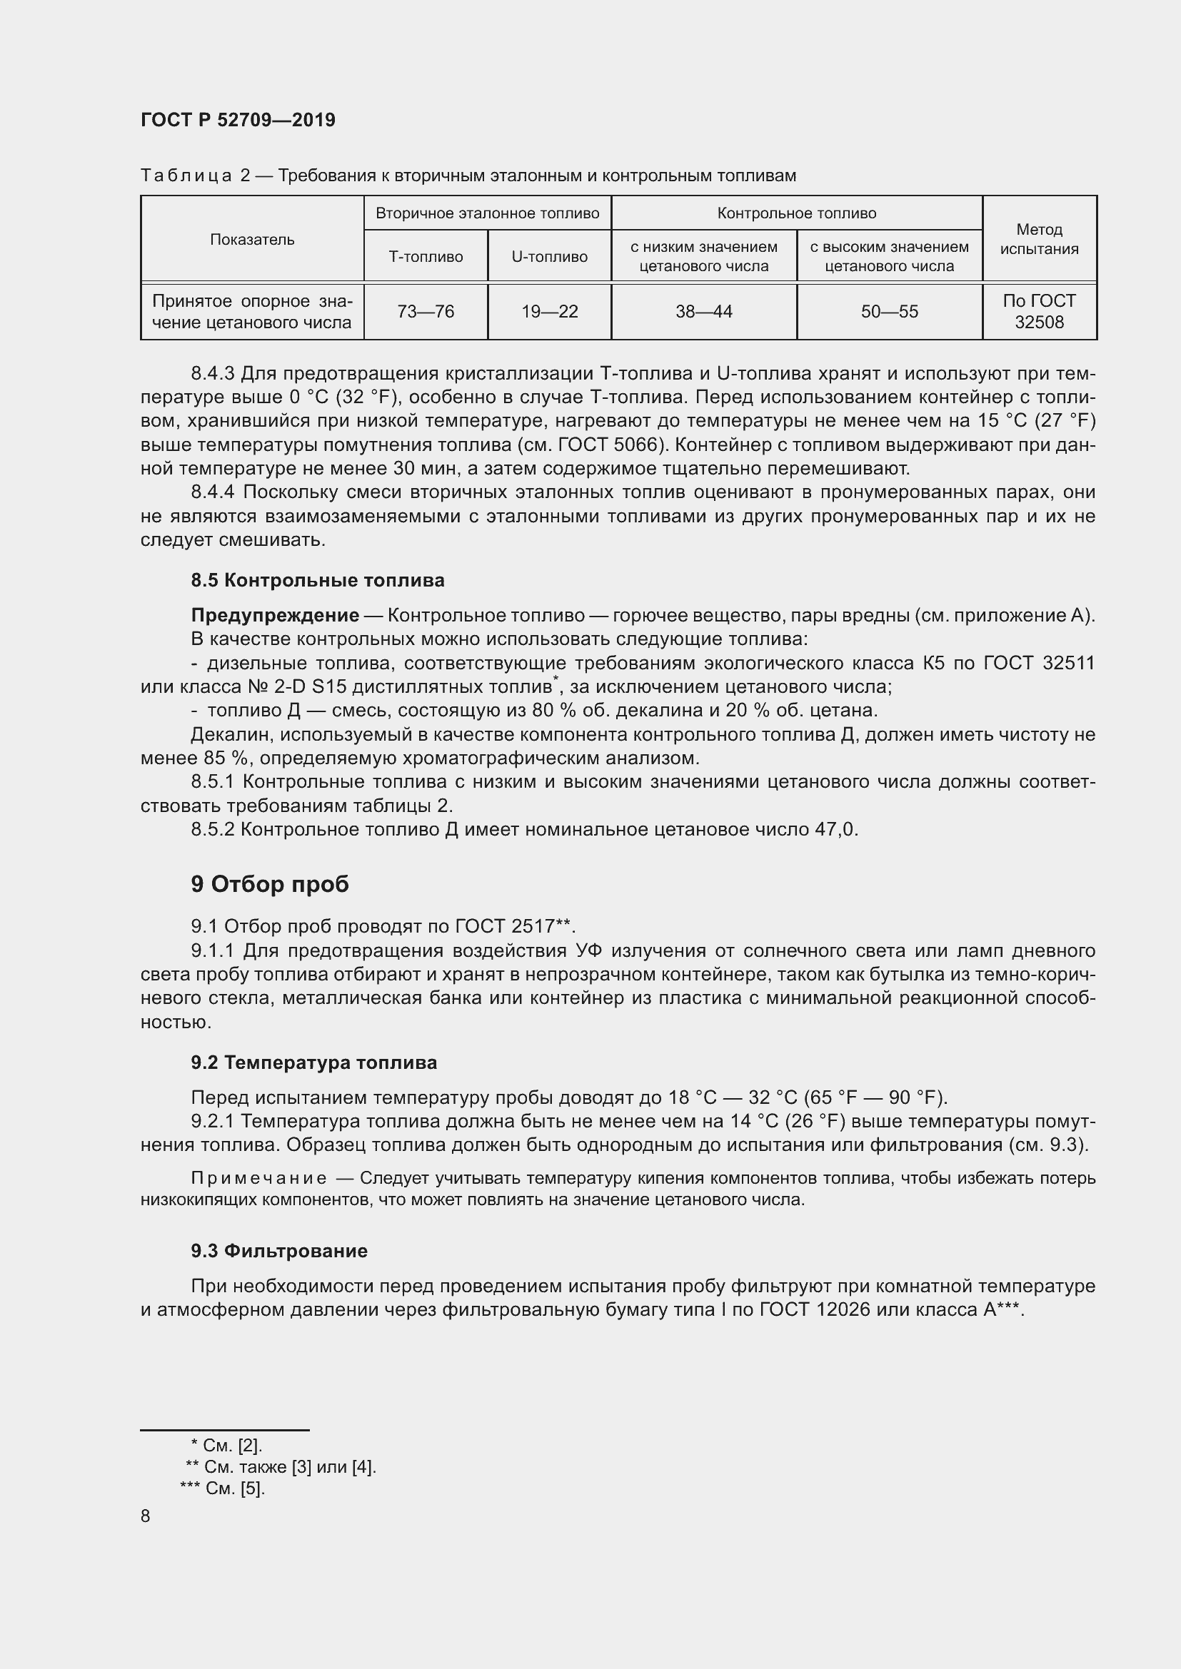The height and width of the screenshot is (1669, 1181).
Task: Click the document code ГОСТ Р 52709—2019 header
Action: pos(238,120)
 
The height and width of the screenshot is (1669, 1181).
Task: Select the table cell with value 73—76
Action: pos(426,312)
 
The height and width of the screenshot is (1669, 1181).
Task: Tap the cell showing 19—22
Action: pos(549,312)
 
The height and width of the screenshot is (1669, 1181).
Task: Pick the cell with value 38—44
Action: pos(703,312)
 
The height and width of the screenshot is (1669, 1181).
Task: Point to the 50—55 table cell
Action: pos(889,312)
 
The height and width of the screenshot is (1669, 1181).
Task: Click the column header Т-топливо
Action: pos(426,257)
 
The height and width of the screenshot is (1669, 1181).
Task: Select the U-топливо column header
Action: pos(549,257)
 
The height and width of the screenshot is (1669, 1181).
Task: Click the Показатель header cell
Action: pos(251,240)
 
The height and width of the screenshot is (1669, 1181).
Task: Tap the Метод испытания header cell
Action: pos(1038,239)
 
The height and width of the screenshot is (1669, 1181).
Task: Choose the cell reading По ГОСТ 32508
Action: pos(1038,311)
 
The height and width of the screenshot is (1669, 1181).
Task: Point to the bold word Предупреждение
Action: pos(275,616)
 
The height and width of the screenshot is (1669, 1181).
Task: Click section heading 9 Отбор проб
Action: pos(270,884)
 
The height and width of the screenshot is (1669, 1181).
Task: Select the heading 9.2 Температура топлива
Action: pos(313,1062)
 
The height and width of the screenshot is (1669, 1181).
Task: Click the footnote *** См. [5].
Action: pos(223,1488)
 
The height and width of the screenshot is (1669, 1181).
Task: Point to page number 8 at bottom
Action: pos(146,1516)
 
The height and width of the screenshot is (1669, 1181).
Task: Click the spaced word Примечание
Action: pos(258,1178)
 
